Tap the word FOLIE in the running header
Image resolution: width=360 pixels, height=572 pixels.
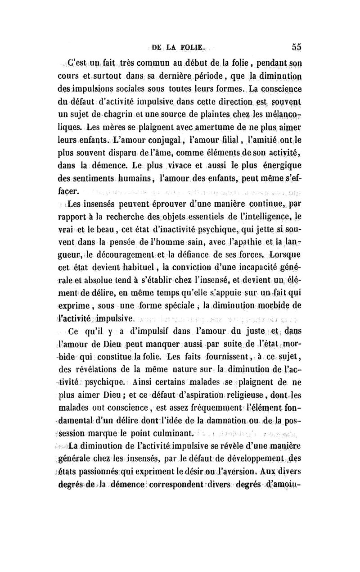coord(192,46)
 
